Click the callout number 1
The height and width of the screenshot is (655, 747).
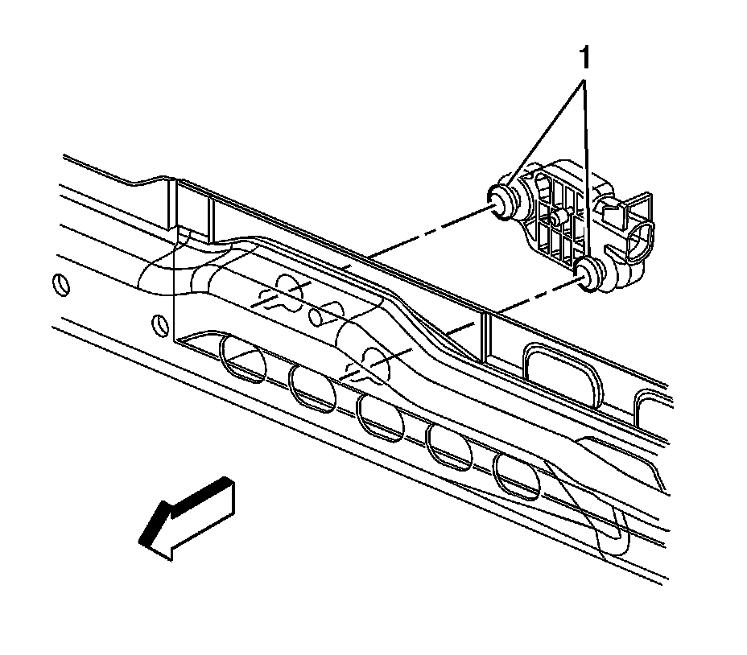click(585, 58)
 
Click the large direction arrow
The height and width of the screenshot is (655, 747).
click(187, 517)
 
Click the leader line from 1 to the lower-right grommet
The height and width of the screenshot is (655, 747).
click(588, 161)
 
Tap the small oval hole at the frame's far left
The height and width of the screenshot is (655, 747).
click(57, 285)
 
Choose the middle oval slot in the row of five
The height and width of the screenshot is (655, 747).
click(381, 418)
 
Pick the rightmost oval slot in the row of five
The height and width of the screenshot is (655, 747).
click(517, 476)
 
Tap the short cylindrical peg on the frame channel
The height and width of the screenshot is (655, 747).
click(324, 315)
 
